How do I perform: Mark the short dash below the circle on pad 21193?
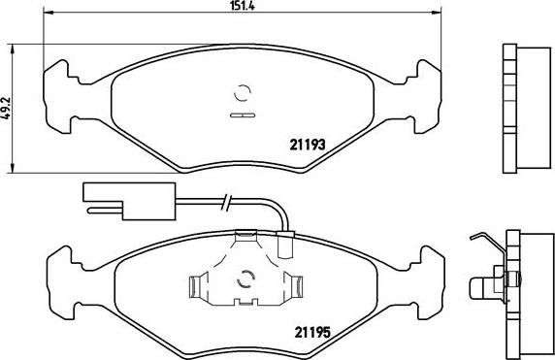[243, 116]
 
